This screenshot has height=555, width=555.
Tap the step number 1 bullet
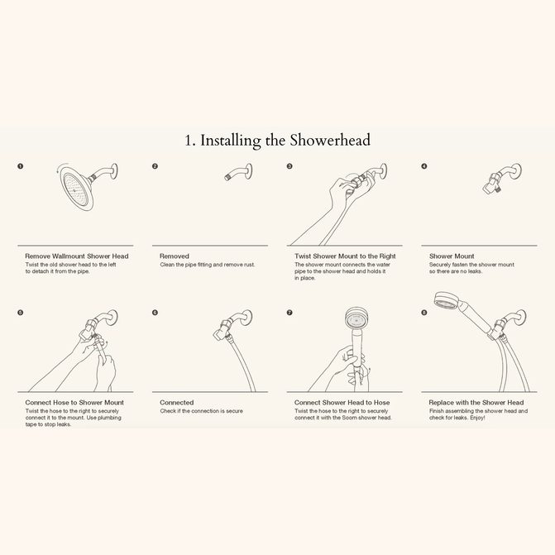click(x=21, y=166)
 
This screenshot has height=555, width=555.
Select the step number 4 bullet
click(x=424, y=166)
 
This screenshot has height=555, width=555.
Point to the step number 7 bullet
click(x=289, y=313)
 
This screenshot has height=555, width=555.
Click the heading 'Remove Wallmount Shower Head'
click(x=77, y=256)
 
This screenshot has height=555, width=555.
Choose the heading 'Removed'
click(x=175, y=256)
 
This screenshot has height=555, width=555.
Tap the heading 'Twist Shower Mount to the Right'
click(x=345, y=256)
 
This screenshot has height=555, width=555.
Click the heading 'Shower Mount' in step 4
click(x=452, y=256)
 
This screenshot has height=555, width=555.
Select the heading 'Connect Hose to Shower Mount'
click(x=74, y=403)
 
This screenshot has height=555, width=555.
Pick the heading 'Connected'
click(x=177, y=403)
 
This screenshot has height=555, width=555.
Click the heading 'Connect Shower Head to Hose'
click(x=342, y=403)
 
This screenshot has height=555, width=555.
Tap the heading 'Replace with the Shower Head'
click(x=476, y=403)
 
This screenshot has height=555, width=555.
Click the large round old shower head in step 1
click(x=77, y=188)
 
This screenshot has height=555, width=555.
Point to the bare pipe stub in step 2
click(x=238, y=172)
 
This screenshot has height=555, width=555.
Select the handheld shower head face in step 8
click(x=446, y=300)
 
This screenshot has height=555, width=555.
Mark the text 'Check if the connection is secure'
click(x=201, y=411)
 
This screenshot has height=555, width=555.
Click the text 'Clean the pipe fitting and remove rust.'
click(x=208, y=265)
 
